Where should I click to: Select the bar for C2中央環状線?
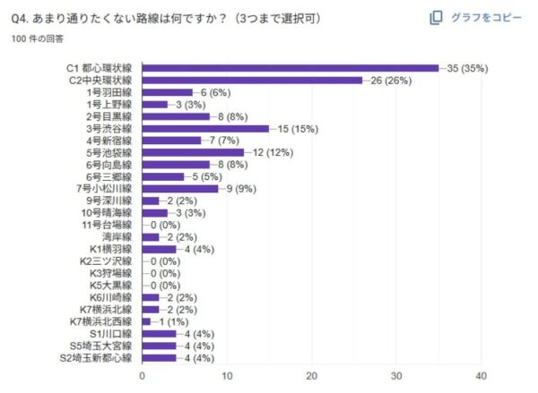[x=252, y=80]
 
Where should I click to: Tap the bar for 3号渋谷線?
[x=205, y=128]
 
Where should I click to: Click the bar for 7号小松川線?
[x=180, y=188]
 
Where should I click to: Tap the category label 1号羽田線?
[x=108, y=92]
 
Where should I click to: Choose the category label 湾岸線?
[x=117, y=236]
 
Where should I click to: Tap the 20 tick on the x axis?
[x=311, y=376]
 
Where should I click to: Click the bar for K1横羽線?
[x=159, y=249]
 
